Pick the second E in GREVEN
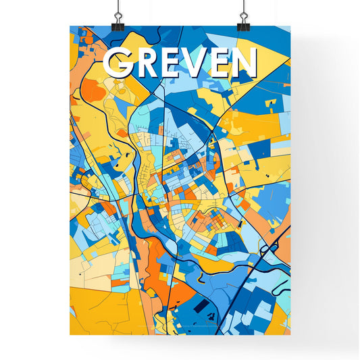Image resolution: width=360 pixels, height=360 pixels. point(224,63)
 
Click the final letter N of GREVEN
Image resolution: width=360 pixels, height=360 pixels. point(247,63)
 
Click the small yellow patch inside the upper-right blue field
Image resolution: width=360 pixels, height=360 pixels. point(270,103)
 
